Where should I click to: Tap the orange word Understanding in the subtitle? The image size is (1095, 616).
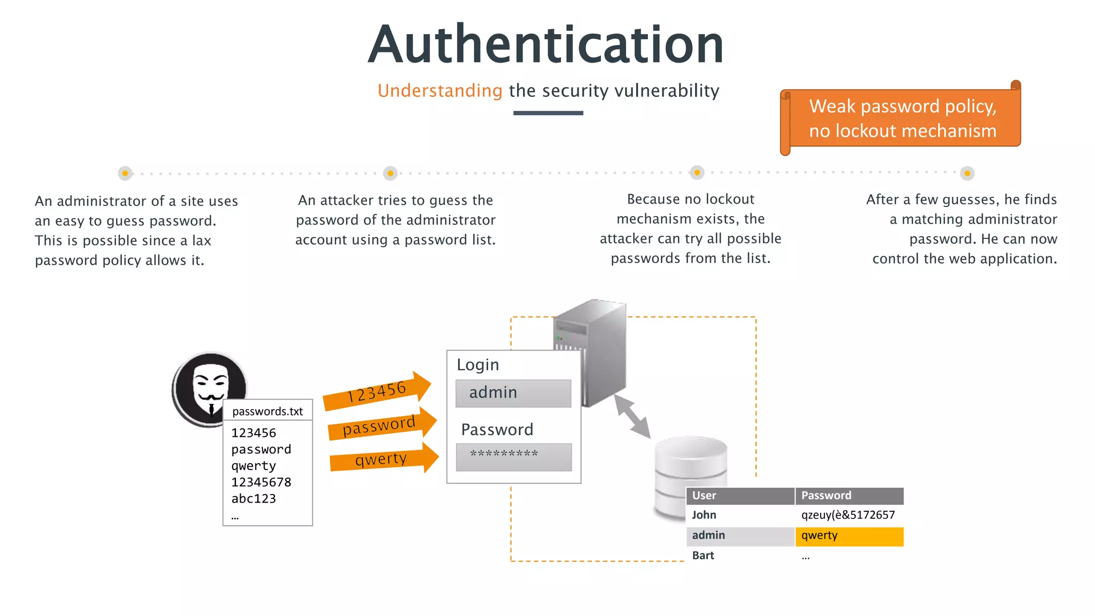click(x=439, y=91)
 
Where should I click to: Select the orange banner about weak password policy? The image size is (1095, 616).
click(x=903, y=118)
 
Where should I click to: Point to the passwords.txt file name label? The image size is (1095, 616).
click(x=267, y=411)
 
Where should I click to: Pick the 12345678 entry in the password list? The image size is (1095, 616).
click(x=261, y=482)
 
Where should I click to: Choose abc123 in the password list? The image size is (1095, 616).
click(x=253, y=499)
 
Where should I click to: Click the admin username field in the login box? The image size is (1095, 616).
click(x=513, y=393)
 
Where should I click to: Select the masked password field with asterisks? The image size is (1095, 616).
click(x=513, y=457)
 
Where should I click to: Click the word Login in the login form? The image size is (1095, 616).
click(x=477, y=365)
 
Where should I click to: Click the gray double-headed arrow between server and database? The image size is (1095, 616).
click(x=632, y=415)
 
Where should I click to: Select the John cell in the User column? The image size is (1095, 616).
click(x=704, y=515)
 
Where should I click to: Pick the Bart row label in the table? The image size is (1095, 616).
click(x=703, y=556)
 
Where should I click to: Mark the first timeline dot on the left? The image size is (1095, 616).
click(x=125, y=173)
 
